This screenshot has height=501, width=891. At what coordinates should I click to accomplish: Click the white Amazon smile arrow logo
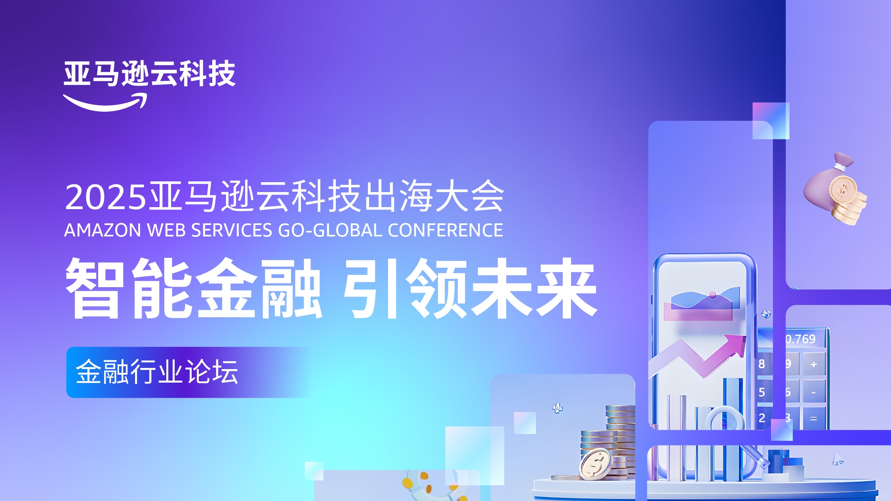105,102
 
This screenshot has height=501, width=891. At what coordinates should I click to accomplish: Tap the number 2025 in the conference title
105,197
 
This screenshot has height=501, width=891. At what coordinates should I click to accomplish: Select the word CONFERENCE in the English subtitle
445,230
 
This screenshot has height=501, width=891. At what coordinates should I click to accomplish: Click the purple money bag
834,188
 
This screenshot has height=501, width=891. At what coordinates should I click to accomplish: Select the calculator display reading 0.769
800,339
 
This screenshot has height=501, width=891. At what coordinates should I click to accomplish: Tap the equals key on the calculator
814,418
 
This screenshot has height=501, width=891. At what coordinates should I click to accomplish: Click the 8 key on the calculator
762,364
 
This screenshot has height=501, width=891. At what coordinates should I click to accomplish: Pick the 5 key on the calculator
762,392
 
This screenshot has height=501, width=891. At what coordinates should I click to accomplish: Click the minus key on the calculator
814,392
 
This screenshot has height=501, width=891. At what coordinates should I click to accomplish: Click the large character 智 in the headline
93,288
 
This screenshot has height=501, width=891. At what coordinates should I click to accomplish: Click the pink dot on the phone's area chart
713,295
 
